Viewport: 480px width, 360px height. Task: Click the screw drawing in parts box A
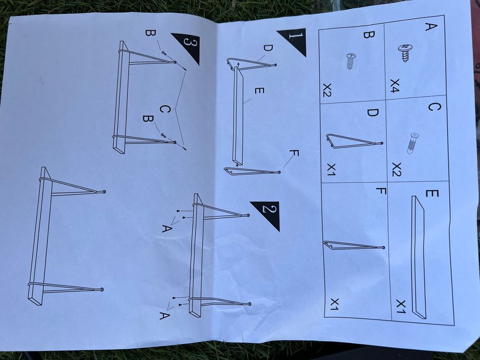point(405,52)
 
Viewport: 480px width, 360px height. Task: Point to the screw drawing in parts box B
point(350,61)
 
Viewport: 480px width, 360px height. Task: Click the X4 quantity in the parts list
point(395,85)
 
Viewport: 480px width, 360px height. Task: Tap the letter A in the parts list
point(431,27)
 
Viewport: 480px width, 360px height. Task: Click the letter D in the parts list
point(372,113)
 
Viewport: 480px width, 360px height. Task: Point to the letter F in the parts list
point(381,191)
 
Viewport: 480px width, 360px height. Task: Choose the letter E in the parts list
point(432,193)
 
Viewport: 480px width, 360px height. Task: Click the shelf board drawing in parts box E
point(418,257)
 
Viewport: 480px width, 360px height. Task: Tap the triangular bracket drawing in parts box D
point(354,141)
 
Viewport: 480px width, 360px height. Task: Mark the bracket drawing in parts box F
point(354,245)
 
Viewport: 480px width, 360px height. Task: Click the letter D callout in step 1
point(268,48)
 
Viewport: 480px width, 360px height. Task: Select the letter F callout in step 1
point(294,153)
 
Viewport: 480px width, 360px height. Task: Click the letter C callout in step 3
point(165,109)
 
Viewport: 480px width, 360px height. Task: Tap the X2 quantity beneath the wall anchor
point(397,170)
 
